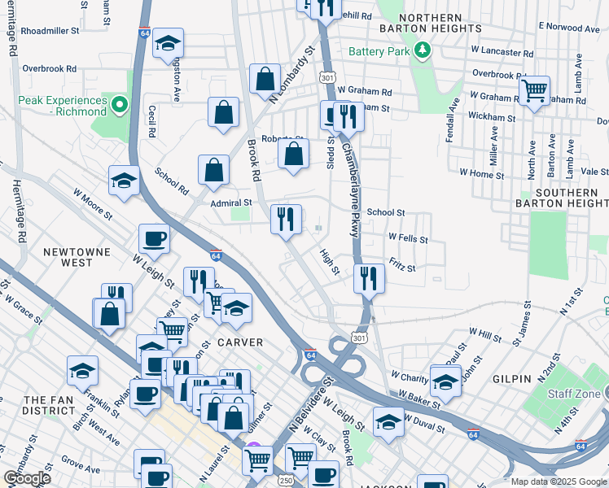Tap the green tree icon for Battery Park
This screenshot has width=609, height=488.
pyautogui.click(x=422, y=52)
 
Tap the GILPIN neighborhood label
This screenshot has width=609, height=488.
pyautogui.click(x=511, y=379)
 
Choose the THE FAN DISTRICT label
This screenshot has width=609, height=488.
pyautogui.click(x=50, y=405)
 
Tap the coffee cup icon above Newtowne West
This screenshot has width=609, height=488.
pyautogui.click(x=154, y=238)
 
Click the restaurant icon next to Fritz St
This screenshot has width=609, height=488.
pyautogui.click(x=370, y=278)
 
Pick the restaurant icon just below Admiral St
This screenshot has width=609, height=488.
pyautogui.click(x=286, y=219)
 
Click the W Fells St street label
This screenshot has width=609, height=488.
pyautogui.click(x=408, y=238)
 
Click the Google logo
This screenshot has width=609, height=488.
pyautogui.click(x=27, y=478)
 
